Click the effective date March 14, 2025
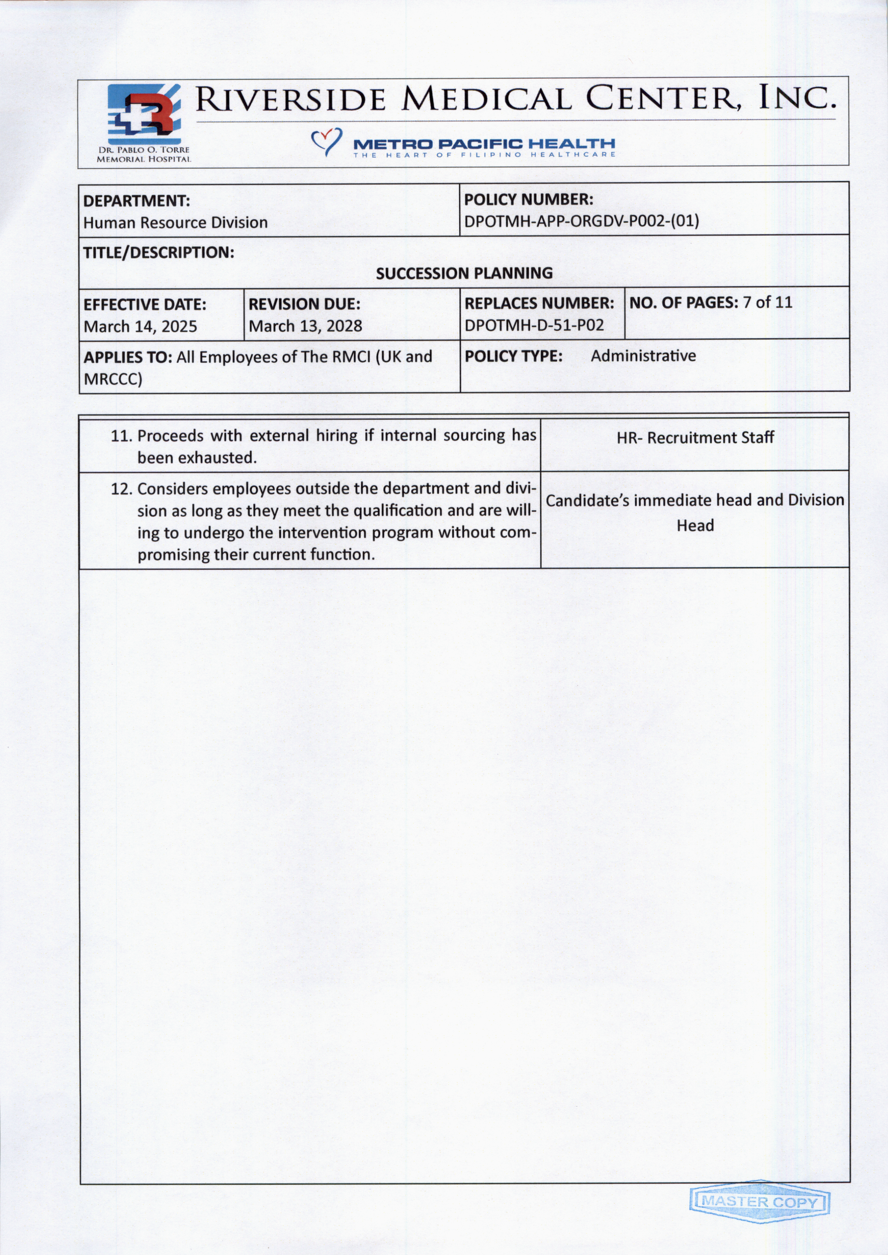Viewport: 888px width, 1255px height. pyautogui.click(x=140, y=326)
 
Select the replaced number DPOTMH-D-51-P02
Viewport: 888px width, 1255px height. pyautogui.click(x=534, y=326)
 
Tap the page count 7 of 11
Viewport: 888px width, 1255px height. pyautogui.click(x=767, y=302)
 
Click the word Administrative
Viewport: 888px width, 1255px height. pyautogui.click(x=643, y=356)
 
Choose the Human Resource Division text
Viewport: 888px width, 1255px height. pyautogui.click(x=175, y=223)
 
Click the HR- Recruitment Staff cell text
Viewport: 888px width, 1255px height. pyautogui.click(x=695, y=437)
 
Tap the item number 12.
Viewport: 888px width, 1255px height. pyautogui.click(x=121, y=489)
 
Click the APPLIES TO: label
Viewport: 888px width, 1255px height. pyautogui.click(x=128, y=357)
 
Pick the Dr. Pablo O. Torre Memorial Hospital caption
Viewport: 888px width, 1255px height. pyautogui.click(x=144, y=154)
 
